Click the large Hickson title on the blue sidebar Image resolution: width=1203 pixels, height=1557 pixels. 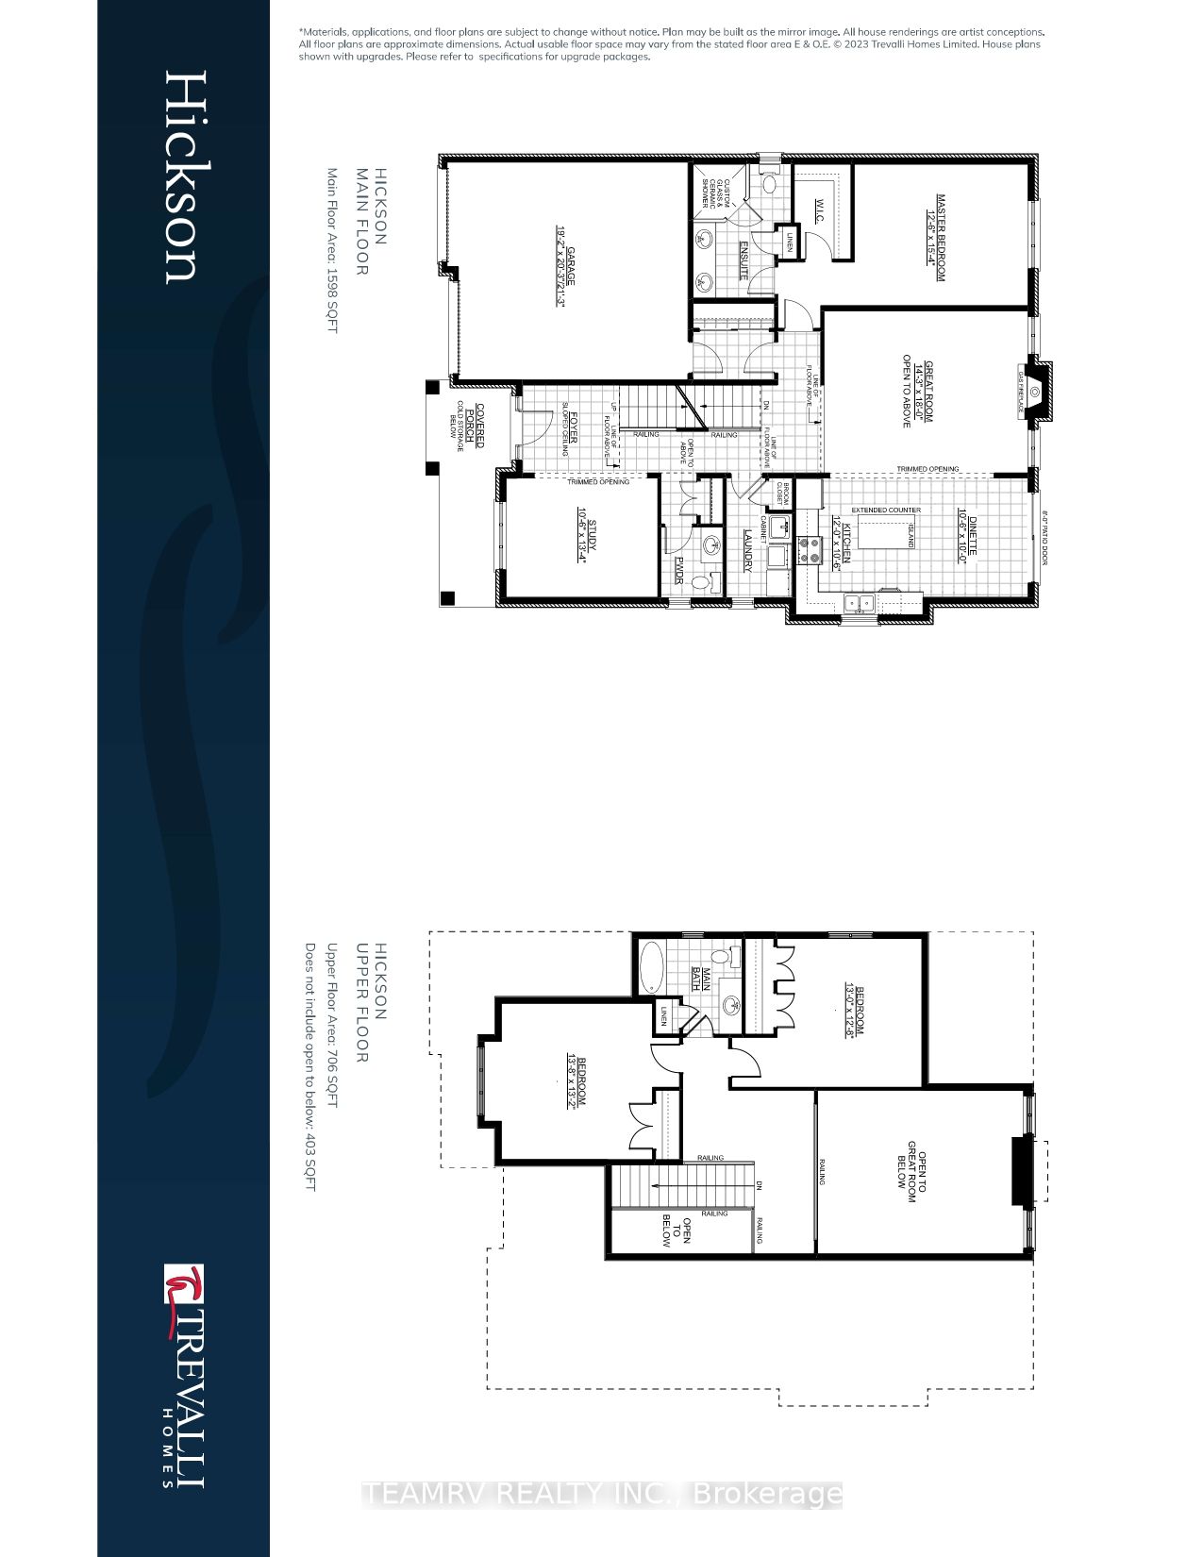180,176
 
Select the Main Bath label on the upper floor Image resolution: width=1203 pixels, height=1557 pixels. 700,981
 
